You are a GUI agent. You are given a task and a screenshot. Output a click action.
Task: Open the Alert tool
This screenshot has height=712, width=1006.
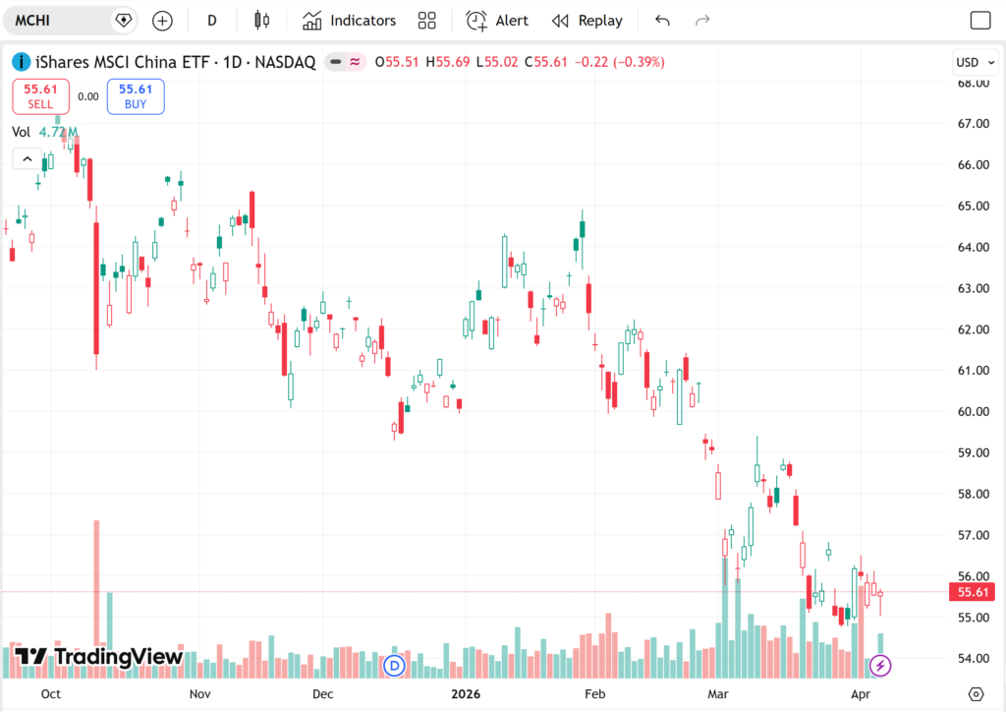pos(497,21)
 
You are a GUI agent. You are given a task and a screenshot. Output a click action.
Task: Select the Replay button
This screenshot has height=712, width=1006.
pos(587,21)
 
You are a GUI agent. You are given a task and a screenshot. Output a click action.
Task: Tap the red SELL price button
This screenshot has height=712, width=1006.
pos(40,96)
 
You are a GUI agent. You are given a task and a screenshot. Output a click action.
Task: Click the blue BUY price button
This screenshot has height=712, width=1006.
pos(136,96)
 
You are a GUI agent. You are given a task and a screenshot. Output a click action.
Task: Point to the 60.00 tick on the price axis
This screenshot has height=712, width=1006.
pos(974,411)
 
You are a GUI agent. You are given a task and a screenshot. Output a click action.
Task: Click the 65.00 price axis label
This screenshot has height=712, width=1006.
pos(974,207)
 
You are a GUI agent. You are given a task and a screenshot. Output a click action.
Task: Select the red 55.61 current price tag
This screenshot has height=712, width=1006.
pos(972,592)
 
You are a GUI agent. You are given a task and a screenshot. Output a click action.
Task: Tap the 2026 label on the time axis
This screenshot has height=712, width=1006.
pos(466,694)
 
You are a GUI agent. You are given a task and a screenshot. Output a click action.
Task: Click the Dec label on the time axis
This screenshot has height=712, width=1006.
pos(322,694)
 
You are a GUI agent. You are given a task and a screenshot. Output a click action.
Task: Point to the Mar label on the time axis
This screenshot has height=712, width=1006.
pos(718,694)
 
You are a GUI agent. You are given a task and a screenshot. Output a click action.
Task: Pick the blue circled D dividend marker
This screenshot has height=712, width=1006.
pos(394,666)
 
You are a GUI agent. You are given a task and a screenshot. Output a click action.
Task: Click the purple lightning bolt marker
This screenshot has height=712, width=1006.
pos(880,666)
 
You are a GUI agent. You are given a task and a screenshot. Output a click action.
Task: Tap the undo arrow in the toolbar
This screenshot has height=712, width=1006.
pos(662,21)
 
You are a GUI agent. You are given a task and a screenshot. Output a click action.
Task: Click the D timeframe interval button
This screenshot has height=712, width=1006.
pos(212,21)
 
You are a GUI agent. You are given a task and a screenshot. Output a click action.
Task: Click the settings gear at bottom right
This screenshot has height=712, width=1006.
pos(976,694)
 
